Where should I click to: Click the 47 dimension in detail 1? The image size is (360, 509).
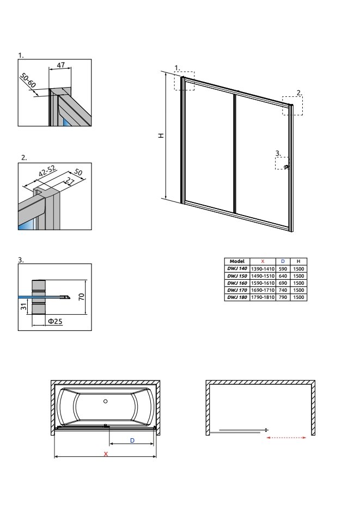click(61, 65)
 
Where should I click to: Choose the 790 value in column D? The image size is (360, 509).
click(283, 297)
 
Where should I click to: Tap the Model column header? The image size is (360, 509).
click(236, 261)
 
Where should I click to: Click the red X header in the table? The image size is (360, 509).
click(263, 261)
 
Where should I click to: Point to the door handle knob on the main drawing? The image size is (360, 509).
click(287, 167)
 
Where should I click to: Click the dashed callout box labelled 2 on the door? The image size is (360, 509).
click(292, 106)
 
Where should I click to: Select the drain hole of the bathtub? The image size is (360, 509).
click(106, 401)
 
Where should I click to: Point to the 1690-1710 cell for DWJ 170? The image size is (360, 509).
click(263, 291)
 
